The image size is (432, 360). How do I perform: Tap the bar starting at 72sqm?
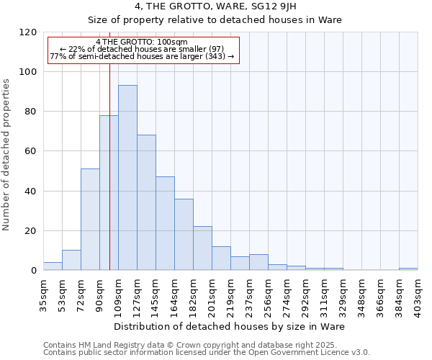(x=90, y=220)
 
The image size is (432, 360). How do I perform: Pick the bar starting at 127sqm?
(x=146, y=202)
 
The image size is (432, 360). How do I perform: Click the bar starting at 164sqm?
(x=184, y=235)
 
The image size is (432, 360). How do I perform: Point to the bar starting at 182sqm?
(x=202, y=248)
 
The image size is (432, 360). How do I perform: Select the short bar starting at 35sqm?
(x=53, y=266)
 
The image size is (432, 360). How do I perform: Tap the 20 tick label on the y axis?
(x=30, y=231)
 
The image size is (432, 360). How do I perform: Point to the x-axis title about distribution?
(x=229, y=327)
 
